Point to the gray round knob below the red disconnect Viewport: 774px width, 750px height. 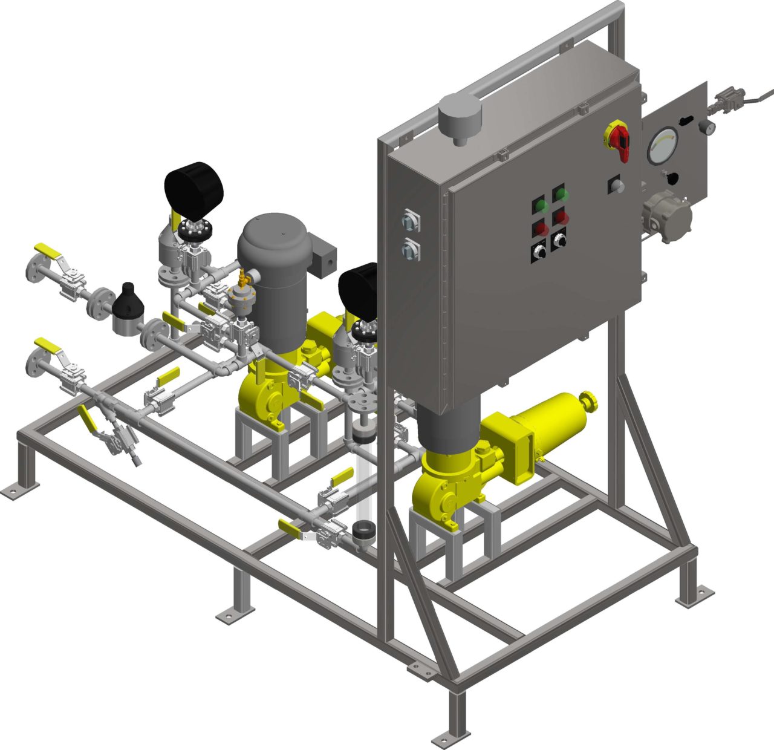616,185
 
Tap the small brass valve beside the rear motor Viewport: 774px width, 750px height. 243,279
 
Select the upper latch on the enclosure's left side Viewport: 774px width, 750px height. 409,220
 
